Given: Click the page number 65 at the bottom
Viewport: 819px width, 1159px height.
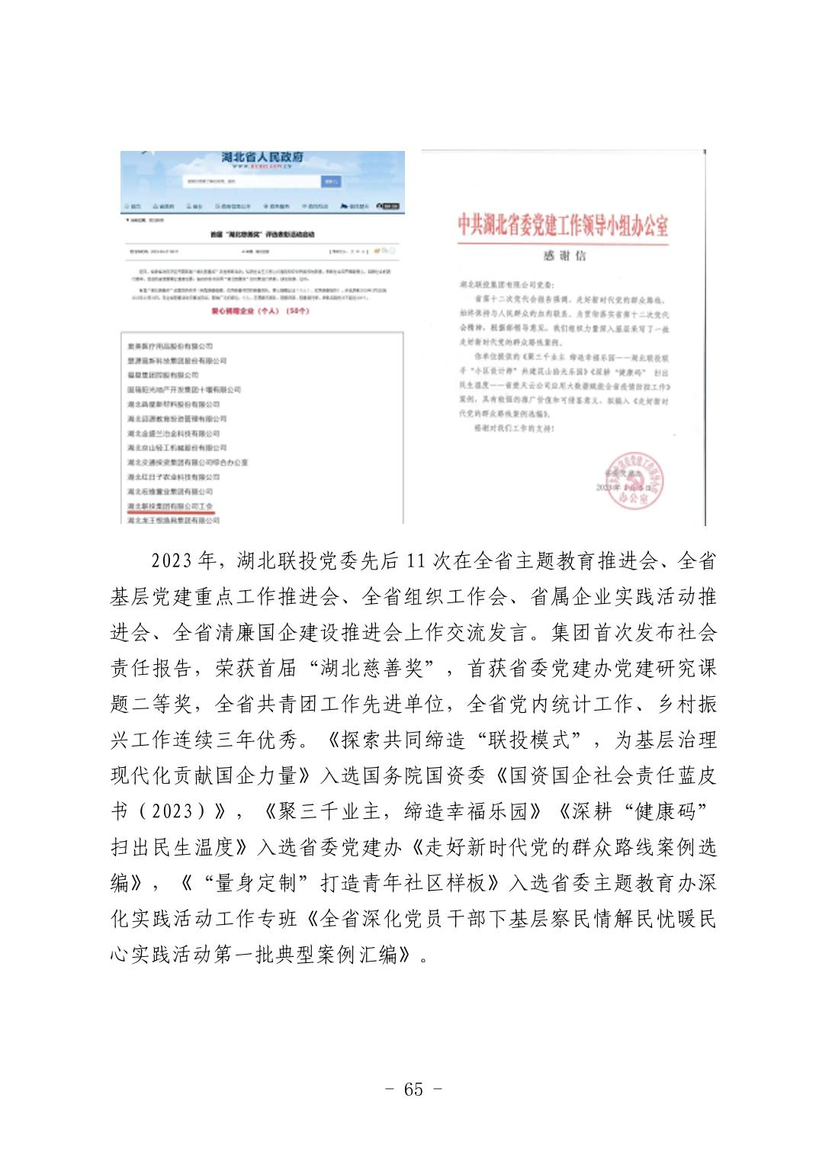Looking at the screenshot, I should (x=413, y=1089).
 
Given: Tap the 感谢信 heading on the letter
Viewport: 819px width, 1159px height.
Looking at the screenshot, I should (x=564, y=256).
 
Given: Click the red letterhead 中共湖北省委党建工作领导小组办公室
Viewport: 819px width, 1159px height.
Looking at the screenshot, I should (x=563, y=226).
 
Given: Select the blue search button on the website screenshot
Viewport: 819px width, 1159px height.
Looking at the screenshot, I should (x=330, y=181).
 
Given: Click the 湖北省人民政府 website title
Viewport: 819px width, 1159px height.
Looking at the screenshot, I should (x=262, y=157).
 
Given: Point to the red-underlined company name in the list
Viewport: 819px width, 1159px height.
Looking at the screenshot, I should (x=171, y=506).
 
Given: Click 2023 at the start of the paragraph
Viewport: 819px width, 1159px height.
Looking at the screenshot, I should (x=172, y=561).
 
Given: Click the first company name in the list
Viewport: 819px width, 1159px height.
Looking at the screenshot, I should (x=170, y=345).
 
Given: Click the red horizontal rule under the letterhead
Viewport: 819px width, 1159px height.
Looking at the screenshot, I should (x=563, y=244).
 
